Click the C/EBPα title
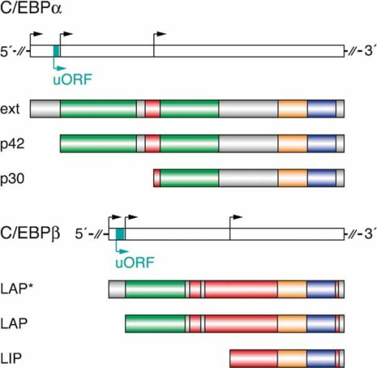[x=31, y=8]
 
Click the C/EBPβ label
[x=30, y=233]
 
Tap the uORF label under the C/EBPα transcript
[x=72, y=79]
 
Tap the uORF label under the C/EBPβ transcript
[x=135, y=262]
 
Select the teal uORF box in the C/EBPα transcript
[x=57, y=51]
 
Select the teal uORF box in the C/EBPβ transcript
[x=120, y=234]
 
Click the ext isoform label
[x=10, y=109]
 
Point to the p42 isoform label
[x=13, y=144]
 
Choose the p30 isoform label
[x=13, y=178]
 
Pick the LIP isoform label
[x=11, y=358]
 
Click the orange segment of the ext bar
[x=292, y=109]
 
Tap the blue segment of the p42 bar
[x=322, y=144]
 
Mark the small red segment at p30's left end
[x=157, y=178]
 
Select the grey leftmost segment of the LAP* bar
[x=117, y=289]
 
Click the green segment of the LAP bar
[x=155, y=324]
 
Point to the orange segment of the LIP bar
[x=292, y=358]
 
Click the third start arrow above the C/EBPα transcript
[x=159, y=39]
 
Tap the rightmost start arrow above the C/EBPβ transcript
[x=236, y=222]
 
